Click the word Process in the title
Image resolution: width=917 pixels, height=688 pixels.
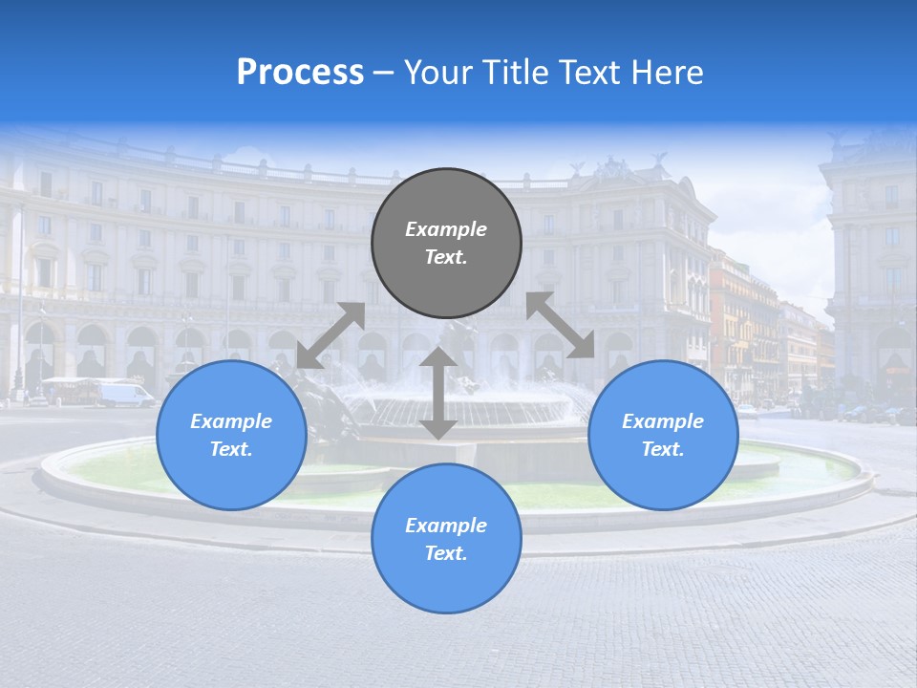(x=300, y=73)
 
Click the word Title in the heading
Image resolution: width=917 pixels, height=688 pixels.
(x=515, y=73)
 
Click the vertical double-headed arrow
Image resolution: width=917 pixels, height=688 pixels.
(x=438, y=394)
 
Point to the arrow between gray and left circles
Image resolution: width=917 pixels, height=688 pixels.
(x=331, y=335)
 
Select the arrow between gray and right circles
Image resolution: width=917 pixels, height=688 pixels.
(x=561, y=325)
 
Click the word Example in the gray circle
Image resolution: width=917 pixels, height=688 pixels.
(x=446, y=229)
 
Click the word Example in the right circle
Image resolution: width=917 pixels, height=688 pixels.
(x=663, y=421)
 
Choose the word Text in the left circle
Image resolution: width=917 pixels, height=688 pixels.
(x=230, y=449)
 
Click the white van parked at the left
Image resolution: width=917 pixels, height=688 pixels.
(x=125, y=395)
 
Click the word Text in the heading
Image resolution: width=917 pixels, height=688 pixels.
(x=586, y=73)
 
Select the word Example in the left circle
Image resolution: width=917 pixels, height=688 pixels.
(x=231, y=421)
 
